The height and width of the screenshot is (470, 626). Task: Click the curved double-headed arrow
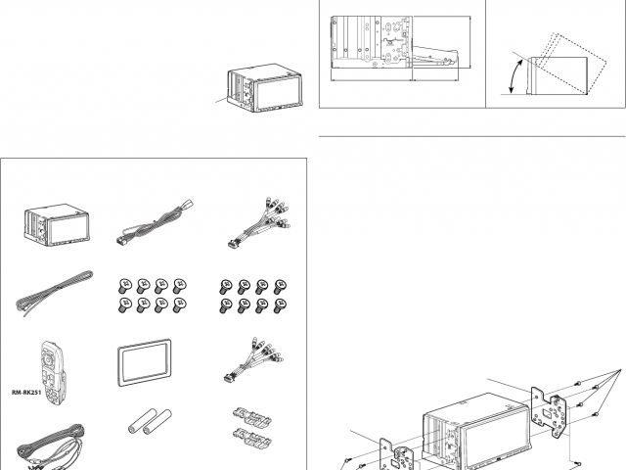(514, 77)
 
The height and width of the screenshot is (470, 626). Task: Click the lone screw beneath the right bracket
(579, 460)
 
